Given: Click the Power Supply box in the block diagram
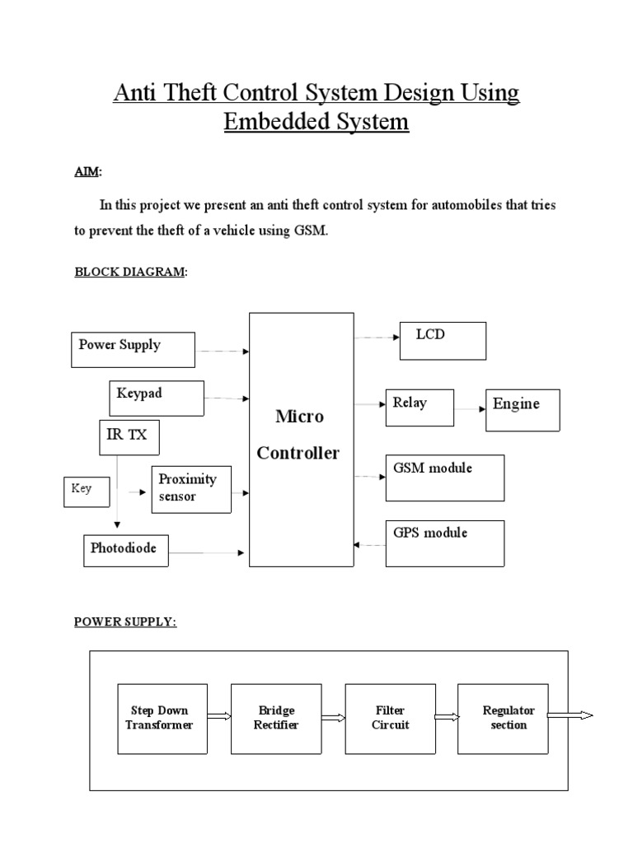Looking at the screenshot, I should pyautogui.click(x=133, y=349).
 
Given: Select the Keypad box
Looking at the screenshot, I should pyautogui.click(x=157, y=398).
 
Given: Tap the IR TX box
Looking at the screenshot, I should pyautogui.click(x=128, y=436).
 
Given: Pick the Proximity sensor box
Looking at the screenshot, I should pyautogui.click(x=190, y=489).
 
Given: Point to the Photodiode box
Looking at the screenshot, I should pyautogui.click(x=125, y=550).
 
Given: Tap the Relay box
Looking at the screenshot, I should pyautogui.click(x=419, y=408).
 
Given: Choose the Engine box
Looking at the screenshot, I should pyautogui.click(x=523, y=410).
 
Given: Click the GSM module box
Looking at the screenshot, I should pyautogui.click(x=445, y=477).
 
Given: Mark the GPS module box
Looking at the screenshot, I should pyautogui.click(x=445, y=543).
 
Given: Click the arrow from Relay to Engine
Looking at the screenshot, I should pyautogui.click(x=469, y=408).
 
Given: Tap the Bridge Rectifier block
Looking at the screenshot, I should pyautogui.click(x=275, y=718).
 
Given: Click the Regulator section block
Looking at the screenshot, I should pyautogui.click(x=503, y=718).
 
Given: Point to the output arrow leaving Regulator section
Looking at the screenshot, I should pyautogui.click(x=570, y=716).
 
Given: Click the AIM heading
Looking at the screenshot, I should pyautogui.click(x=87, y=173).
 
